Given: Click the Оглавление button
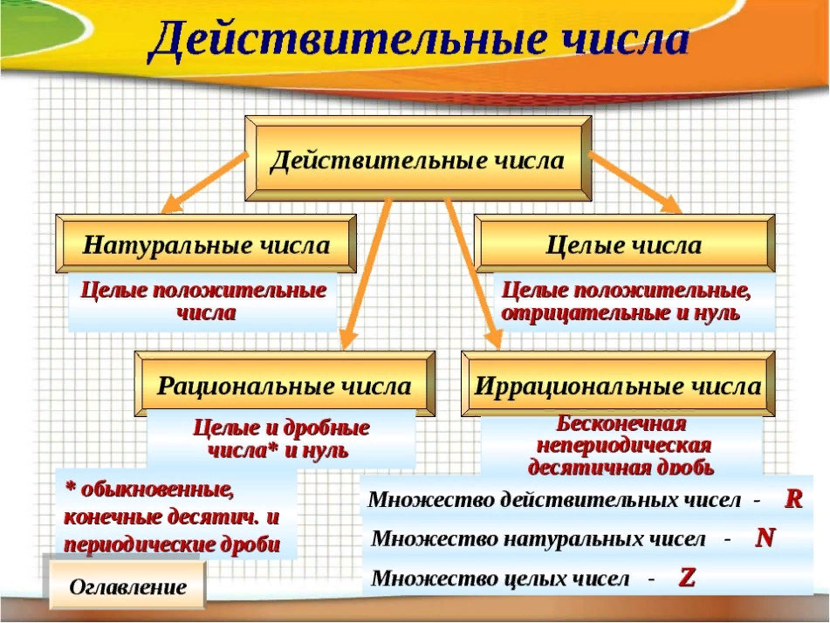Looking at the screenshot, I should point(127,586).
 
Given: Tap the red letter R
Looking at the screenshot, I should point(793,499).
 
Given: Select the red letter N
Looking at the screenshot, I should point(765,537).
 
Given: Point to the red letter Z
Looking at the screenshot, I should point(687,577).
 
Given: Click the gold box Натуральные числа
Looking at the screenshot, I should point(206,245).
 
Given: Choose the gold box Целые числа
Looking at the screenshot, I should point(623,245).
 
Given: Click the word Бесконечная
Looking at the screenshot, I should point(621,425).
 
